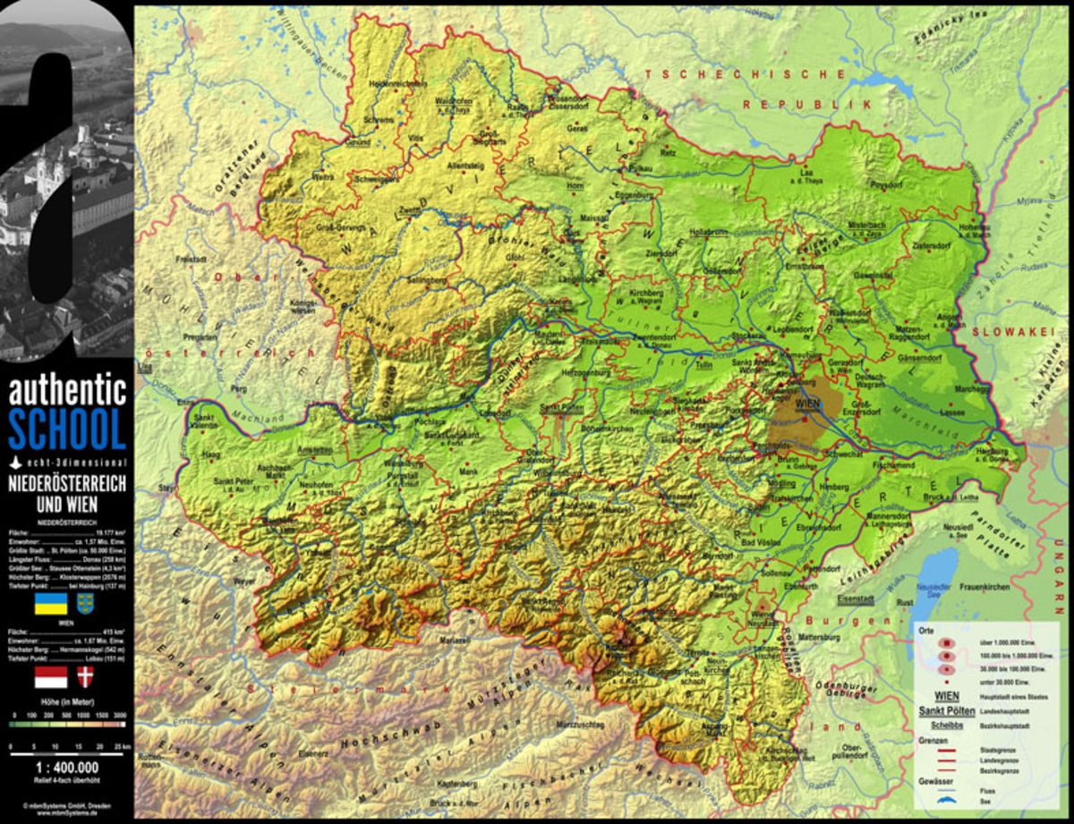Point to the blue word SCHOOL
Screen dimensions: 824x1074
point(67,429)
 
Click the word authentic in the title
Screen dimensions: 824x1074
point(67,391)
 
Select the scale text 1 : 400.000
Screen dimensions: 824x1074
point(67,768)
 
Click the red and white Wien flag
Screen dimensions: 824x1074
point(50,676)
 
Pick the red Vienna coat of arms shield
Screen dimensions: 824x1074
point(86,676)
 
